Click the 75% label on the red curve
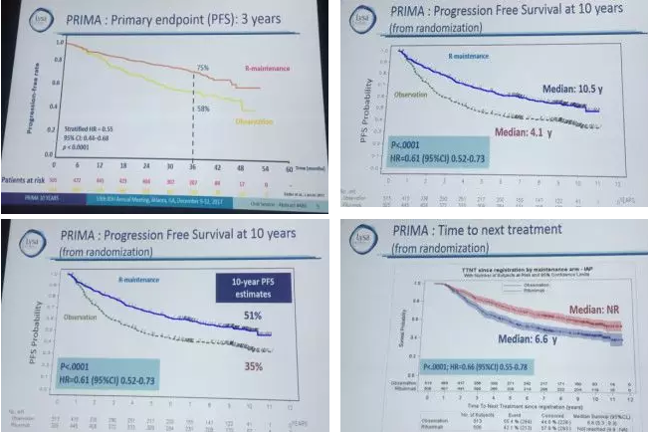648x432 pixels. [x=201, y=68]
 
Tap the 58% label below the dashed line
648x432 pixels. [x=203, y=107]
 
